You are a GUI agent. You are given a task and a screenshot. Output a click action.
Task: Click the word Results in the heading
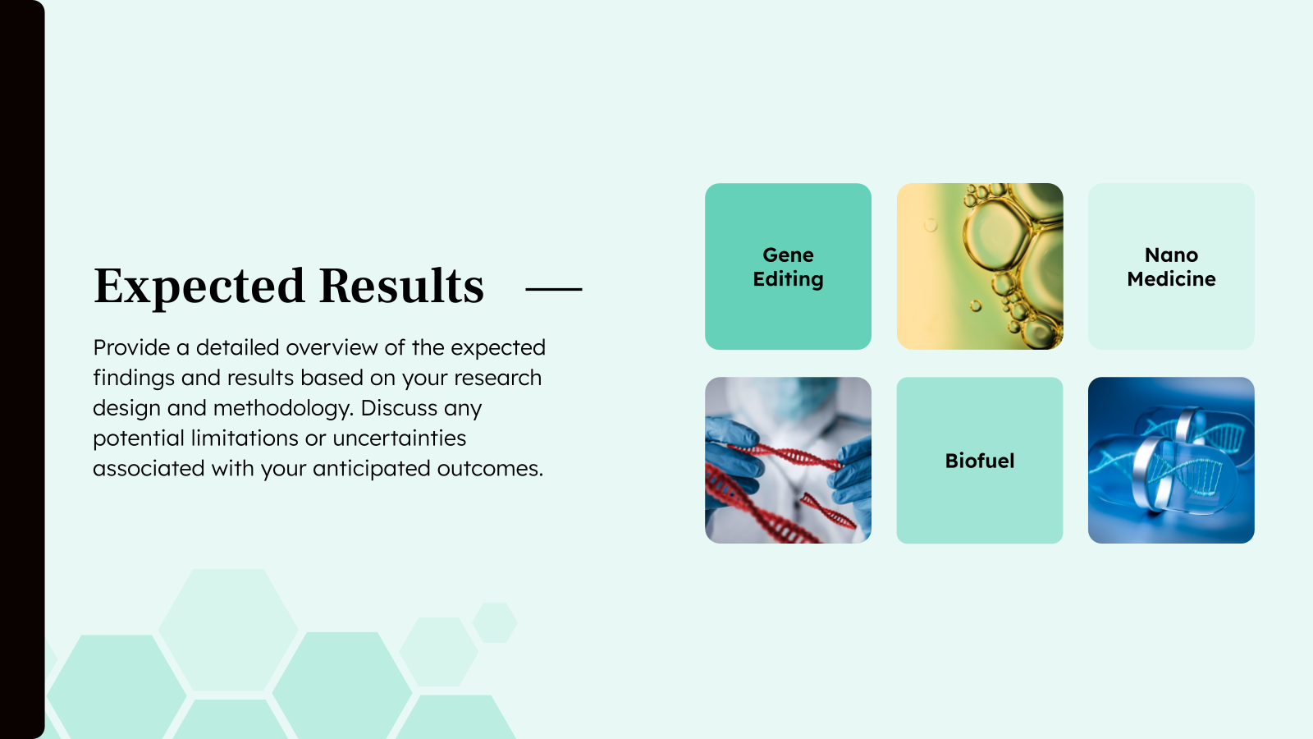point(401,287)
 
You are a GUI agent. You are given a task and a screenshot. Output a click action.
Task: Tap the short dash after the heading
point(553,289)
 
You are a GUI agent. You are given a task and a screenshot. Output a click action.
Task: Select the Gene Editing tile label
point(788,267)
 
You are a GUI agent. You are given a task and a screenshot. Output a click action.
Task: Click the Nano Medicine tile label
point(1171,267)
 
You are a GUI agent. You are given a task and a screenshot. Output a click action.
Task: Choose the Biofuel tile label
point(979,461)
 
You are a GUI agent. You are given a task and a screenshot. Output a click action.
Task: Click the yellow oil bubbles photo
point(979,266)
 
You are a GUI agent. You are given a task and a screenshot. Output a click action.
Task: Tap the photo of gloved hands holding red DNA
point(788,460)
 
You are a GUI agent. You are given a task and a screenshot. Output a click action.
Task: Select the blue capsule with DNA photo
point(1171,460)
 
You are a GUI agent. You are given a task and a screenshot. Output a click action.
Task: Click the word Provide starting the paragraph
point(131,348)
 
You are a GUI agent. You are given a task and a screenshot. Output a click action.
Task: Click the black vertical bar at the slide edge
point(21,369)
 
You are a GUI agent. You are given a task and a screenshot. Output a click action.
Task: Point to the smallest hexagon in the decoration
point(495,622)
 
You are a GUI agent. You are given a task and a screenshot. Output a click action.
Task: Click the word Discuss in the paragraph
point(397,408)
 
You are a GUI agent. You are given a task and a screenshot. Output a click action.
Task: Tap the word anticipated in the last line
point(371,469)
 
